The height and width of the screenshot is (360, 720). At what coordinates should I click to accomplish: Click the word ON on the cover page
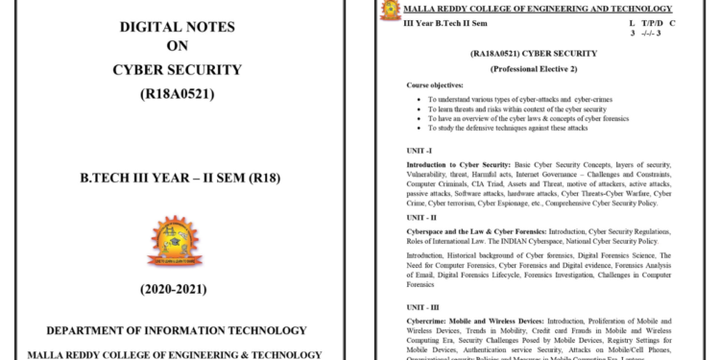click(x=178, y=45)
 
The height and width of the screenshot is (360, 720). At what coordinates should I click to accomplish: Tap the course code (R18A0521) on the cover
click(x=178, y=93)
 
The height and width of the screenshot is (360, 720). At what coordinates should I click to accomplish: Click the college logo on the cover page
click(x=176, y=240)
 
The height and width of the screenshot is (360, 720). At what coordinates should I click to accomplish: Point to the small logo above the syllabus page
click(x=391, y=11)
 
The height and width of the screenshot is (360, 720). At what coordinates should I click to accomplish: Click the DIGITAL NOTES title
click(x=178, y=21)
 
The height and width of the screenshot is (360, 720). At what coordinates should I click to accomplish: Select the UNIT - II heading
click(x=423, y=218)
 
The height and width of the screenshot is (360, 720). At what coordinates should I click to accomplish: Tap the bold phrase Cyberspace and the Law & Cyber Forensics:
click(x=484, y=231)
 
